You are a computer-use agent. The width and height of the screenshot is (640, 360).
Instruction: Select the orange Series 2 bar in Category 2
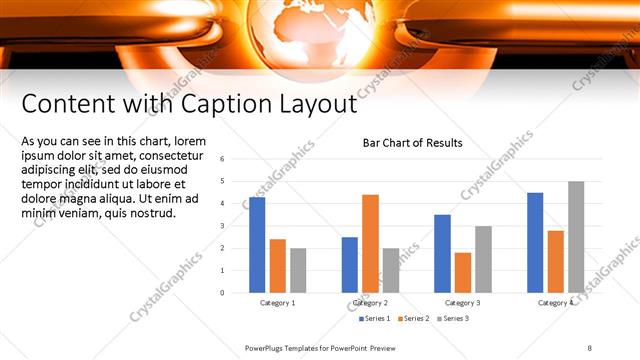tap(370, 243)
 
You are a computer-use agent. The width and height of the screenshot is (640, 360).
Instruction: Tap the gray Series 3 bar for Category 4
tap(576, 237)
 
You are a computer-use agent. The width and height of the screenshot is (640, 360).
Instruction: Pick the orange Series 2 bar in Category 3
tap(463, 272)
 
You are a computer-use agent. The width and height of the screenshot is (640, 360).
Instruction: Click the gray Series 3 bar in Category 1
tap(298, 270)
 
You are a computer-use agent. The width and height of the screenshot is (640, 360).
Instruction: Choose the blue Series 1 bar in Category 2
tap(349, 264)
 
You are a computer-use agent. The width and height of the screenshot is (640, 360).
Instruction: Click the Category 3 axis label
tap(463, 302)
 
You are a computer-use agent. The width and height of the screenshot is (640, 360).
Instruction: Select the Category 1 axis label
tap(277, 302)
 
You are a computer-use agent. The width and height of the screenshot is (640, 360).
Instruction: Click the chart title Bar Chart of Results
tap(412, 143)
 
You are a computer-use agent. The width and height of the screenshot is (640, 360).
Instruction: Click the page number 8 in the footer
tap(590, 347)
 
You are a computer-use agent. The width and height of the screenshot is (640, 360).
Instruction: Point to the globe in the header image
tap(319, 30)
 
